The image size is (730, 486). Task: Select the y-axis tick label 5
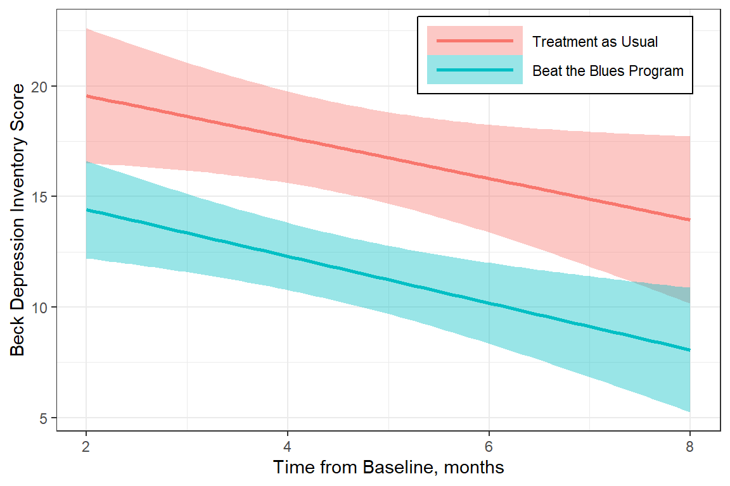(45, 418)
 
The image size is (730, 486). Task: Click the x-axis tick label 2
(86, 447)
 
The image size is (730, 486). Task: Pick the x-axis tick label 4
(287, 447)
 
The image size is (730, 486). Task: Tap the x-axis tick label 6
(489, 447)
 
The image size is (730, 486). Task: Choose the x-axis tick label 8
(689, 447)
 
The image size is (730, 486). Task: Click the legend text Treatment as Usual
(595, 42)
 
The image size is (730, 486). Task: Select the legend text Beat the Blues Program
(608, 70)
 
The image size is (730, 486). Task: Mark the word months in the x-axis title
(475, 468)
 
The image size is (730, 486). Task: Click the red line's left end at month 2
(87, 96)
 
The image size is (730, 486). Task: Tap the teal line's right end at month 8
(689, 350)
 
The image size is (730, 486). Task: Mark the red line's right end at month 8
(689, 220)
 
